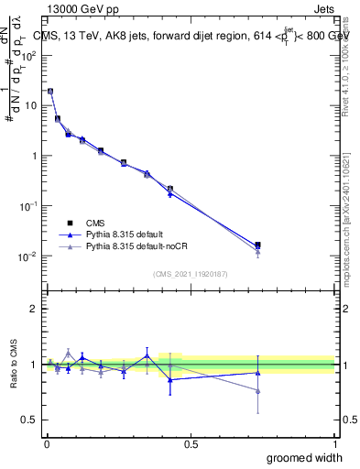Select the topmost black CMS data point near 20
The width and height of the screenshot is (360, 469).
click(x=49, y=91)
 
